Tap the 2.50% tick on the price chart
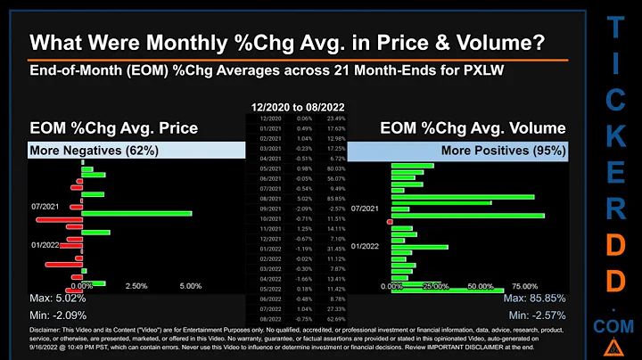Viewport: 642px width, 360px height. pos(135,285)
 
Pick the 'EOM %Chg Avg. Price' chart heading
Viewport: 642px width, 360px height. pos(112,127)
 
